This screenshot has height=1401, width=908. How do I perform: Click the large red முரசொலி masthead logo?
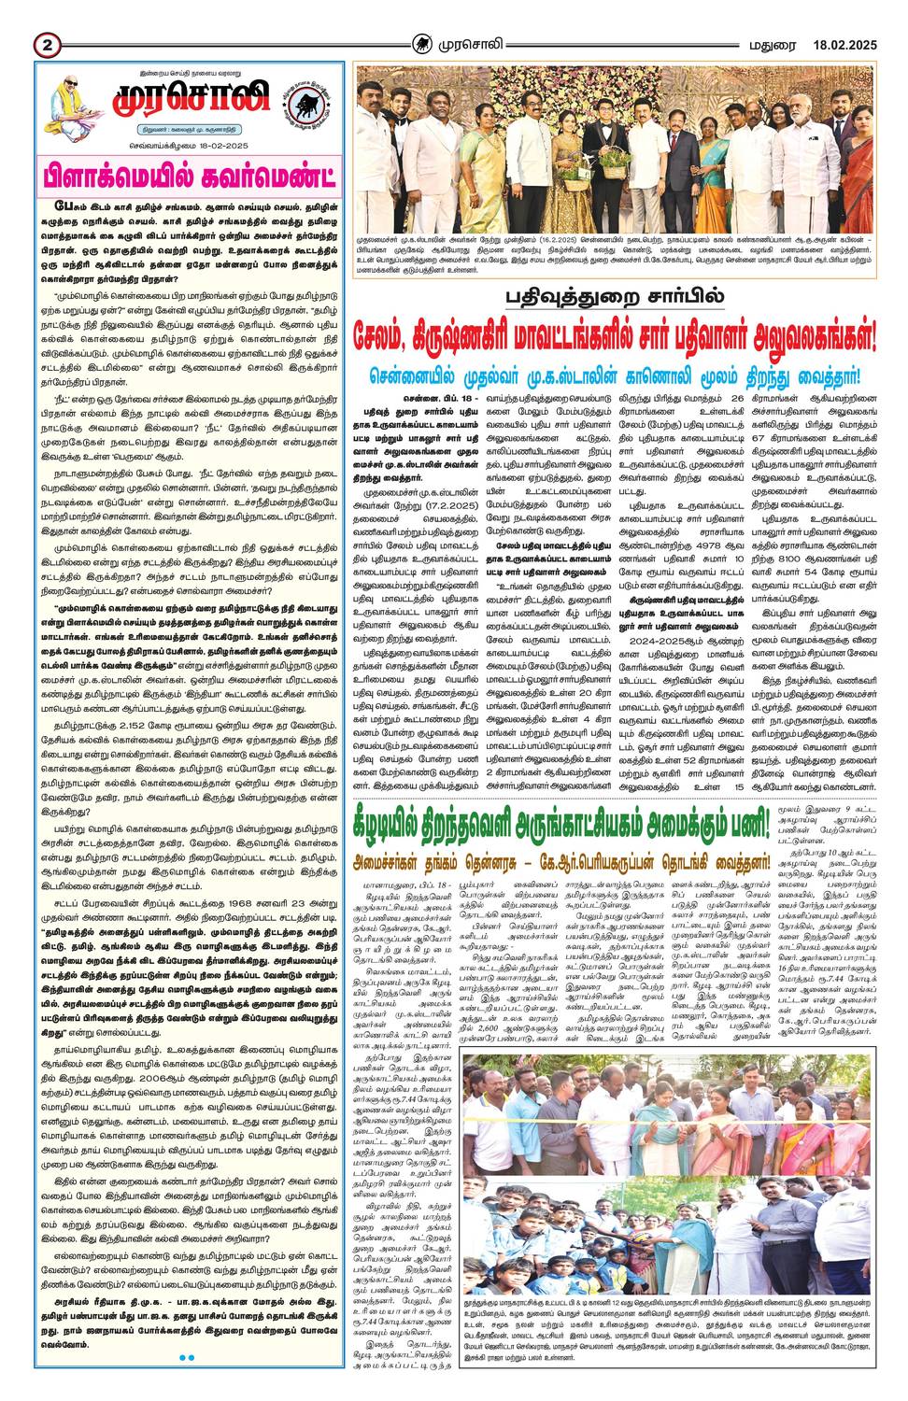coord(188,99)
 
